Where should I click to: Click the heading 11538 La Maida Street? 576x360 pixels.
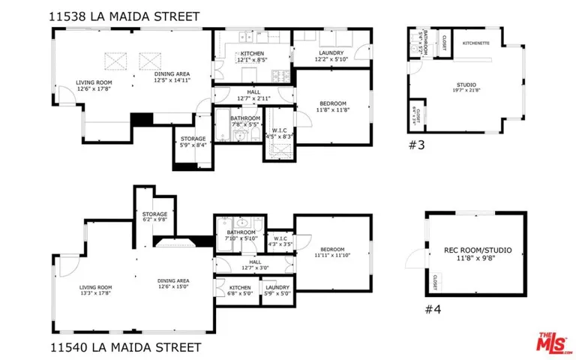tap(125, 15)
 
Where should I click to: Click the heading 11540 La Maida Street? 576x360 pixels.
tap(125, 347)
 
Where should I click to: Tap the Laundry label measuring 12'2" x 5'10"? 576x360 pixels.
tap(330, 55)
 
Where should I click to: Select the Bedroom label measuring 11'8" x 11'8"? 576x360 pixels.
tap(333, 106)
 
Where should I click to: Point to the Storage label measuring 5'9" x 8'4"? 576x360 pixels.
tap(193, 142)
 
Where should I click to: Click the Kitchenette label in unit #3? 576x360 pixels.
tap(475, 43)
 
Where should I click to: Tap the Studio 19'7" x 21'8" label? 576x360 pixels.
tap(466, 88)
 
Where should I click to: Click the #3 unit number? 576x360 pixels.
tap(416, 145)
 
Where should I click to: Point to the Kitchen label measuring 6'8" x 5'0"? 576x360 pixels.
tap(240, 290)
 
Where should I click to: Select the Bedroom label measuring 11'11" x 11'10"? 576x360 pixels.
tap(332, 252)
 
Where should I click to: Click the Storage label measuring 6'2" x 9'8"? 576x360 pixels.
tap(155, 217)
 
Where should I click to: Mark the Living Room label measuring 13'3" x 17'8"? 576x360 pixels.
tap(95, 289)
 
